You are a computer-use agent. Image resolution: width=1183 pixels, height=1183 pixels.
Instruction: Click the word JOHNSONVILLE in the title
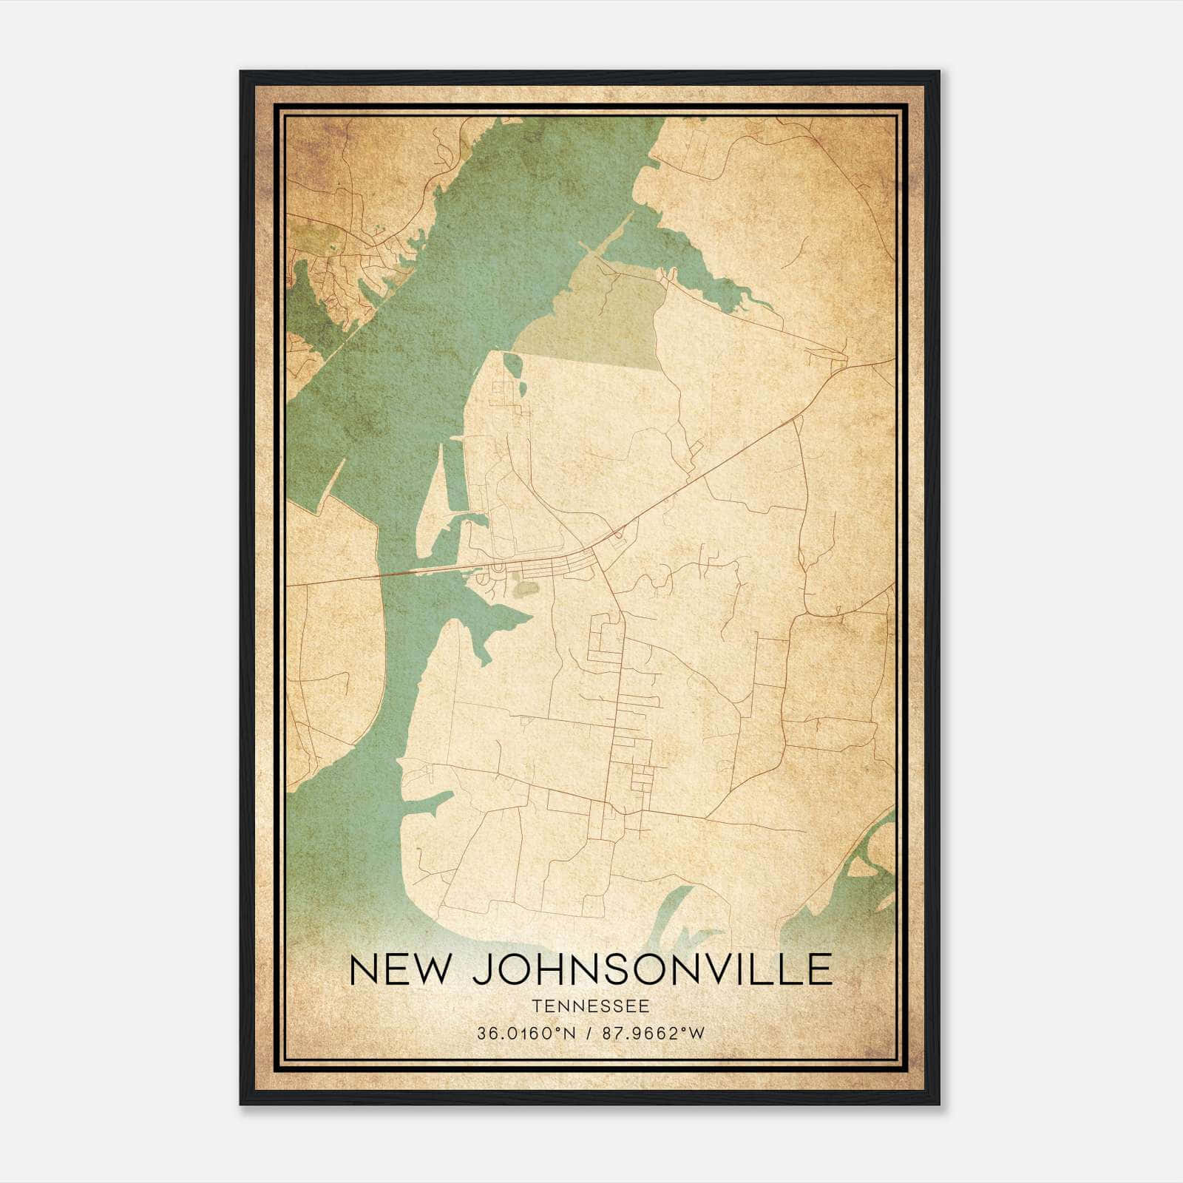tap(652, 969)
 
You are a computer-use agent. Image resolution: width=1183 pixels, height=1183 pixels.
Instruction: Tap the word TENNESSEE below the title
tap(590, 1006)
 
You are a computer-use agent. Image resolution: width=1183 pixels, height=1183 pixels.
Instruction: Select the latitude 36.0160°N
tap(526, 1033)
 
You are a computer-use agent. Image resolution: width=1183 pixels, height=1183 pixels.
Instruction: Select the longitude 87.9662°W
tap(654, 1033)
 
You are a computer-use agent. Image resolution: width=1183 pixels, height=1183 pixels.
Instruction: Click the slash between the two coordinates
tap(589, 1033)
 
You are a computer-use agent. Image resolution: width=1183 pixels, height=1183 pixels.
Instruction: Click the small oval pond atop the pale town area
tap(511, 363)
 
